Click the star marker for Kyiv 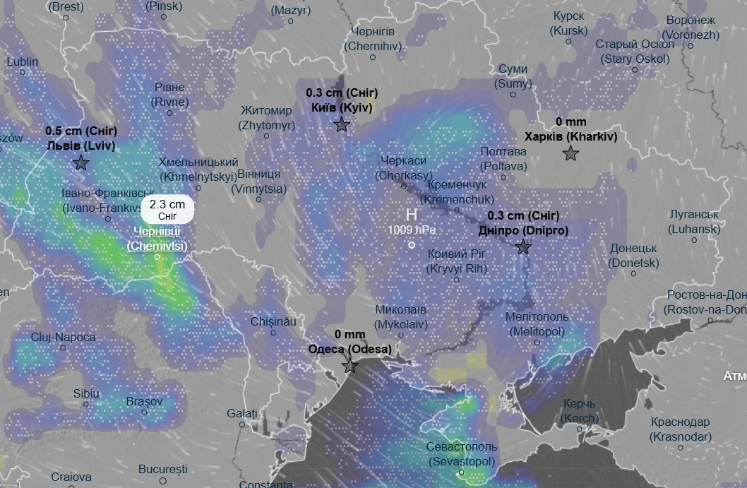pos(342,125)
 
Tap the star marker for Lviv pos(81,163)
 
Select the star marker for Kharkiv pos(570,153)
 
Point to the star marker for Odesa pos(349,366)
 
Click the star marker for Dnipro pos(523,246)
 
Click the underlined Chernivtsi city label pos(157,239)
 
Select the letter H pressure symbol pos(411,215)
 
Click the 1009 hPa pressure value pos(411,230)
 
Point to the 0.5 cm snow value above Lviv pos(81,131)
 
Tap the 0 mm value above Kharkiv pos(570,121)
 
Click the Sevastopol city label pos(462,453)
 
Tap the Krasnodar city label pos(681,429)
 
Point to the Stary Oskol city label pos(635,52)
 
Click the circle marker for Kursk pos(568,42)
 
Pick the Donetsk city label pos(633,256)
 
